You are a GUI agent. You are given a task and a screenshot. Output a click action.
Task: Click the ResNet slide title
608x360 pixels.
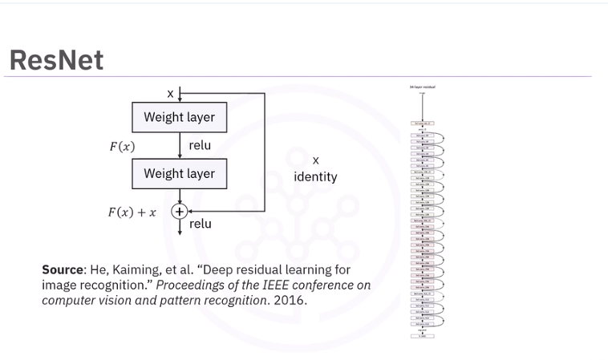click(x=56, y=60)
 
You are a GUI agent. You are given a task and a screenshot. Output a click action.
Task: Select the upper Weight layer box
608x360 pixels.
click(x=179, y=117)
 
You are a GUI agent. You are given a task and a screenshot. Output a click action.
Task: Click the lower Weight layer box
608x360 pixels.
click(x=179, y=173)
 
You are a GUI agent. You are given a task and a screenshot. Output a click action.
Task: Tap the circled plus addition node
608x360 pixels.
click(x=180, y=212)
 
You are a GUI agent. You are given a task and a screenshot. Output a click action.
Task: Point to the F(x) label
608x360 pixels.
click(x=122, y=147)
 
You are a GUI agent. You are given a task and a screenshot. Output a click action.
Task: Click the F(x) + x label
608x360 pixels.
click(x=132, y=212)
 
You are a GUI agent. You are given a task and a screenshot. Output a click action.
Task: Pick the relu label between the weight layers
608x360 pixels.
click(x=200, y=145)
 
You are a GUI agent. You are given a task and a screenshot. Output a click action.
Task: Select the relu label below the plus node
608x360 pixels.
click(x=201, y=224)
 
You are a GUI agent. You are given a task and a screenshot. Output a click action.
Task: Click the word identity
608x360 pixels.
click(x=315, y=176)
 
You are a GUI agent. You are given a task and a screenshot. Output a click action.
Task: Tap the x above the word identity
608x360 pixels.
click(x=315, y=161)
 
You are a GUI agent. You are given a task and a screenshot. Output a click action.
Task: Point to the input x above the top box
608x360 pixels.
click(x=170, y=94)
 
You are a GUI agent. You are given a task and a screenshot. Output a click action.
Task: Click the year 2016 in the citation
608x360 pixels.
click(x=290, y=301)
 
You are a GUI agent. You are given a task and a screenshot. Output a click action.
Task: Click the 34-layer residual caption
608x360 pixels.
click(x=423, y=87)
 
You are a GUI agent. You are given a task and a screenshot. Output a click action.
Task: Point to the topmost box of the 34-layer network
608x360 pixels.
click(x=423, y=123)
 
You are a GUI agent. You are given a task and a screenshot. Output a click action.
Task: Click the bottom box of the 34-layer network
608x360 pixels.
click(x=423, y=336)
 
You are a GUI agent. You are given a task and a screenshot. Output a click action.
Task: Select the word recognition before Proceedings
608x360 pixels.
click(x=115, y=285)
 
